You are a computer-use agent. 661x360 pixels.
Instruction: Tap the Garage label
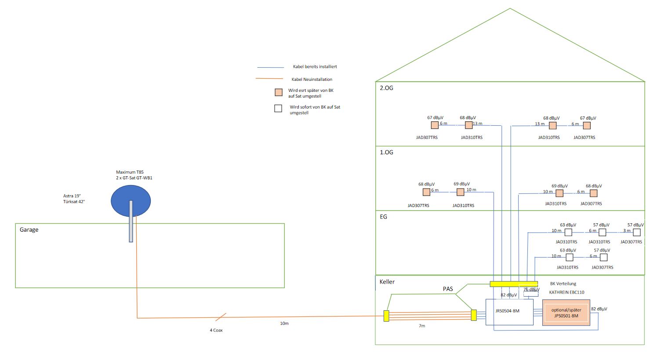point(29,230)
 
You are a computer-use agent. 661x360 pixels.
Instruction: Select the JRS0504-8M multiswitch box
point(509,312)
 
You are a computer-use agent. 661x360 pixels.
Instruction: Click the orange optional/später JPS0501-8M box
point(566,313)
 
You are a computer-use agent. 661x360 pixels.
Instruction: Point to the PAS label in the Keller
point(448,289)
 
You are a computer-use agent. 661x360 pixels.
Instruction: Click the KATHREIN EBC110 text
point(567,292)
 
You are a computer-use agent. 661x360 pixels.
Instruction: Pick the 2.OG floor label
point(386,88)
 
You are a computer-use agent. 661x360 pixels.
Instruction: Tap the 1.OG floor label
point(386,153)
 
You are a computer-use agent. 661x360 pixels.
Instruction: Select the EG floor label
point(383,217)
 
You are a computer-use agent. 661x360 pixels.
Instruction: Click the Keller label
point(387,282)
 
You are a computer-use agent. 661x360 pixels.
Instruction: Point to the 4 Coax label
point(216,330)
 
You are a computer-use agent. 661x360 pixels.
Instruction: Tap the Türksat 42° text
point(74,202)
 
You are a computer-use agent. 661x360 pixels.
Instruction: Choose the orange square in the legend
point(279,92)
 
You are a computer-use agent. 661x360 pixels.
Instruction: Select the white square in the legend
point(278,109)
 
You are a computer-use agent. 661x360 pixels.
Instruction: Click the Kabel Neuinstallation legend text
point(312,80)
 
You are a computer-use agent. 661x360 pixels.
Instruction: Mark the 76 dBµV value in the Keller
point(531,289)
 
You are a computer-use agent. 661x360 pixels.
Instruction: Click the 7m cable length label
point(421,326)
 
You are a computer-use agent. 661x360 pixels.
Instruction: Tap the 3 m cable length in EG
point(627,231)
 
